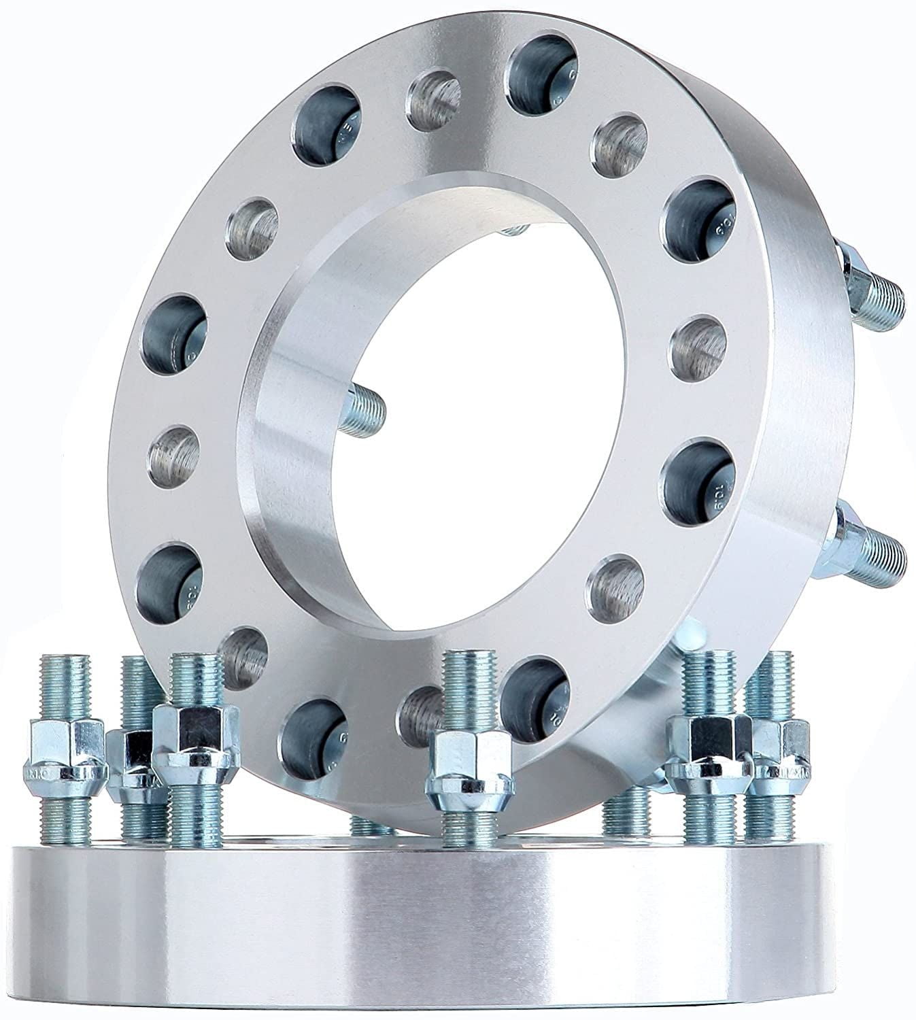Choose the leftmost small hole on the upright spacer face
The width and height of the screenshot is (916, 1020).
[x=173, y=456]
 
